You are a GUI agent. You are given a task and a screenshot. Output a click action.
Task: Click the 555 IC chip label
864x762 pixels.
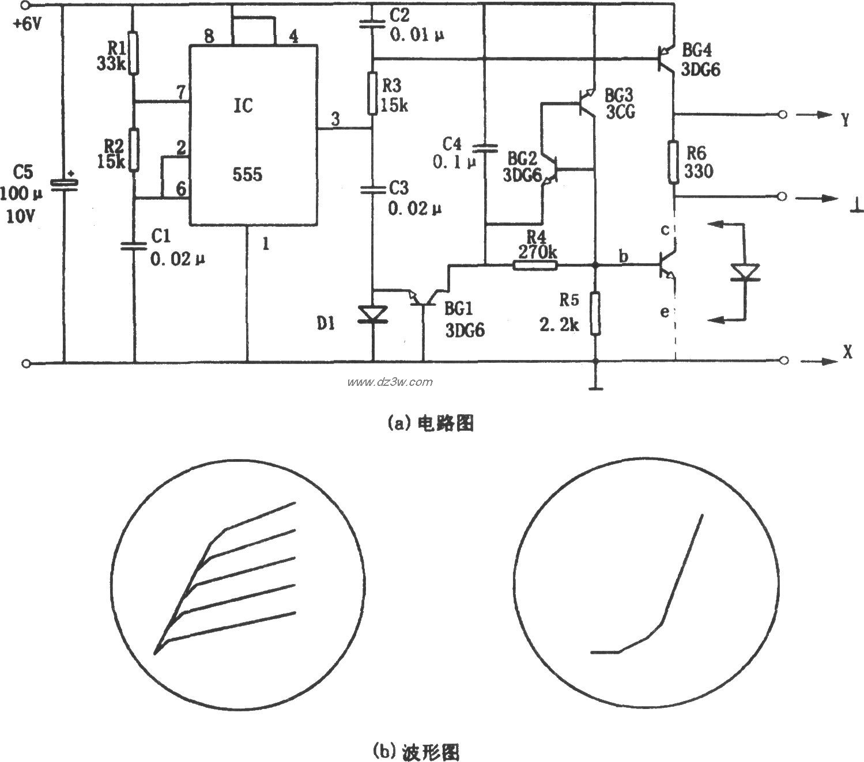click(x=247, y=174)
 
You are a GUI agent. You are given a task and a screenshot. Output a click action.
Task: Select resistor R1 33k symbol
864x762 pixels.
click(x=134, y=54)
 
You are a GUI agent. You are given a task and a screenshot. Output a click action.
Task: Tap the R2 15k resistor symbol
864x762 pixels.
click(x=134, y=150)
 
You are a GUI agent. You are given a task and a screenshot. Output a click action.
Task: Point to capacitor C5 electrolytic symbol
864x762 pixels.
click(x=64, y=183)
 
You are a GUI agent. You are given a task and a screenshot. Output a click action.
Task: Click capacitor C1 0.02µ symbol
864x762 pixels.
click(x=134, y=246)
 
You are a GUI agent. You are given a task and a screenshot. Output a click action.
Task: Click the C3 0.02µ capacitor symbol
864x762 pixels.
click(x=372, y=188)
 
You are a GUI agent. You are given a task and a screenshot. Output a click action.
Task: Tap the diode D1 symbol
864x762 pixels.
click(x=372, y=314)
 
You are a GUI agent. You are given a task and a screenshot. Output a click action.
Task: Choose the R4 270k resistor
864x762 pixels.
click(x=535, y=265)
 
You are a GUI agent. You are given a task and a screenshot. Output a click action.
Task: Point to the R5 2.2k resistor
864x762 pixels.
click(x=595, y=313)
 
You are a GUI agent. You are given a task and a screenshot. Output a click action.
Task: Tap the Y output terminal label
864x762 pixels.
click(x=845, y=119)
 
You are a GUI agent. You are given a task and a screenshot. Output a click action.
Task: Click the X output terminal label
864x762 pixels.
click(x=847, y=352)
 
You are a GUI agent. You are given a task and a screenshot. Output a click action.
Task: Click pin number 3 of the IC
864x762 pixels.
click(x=335, y=119)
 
